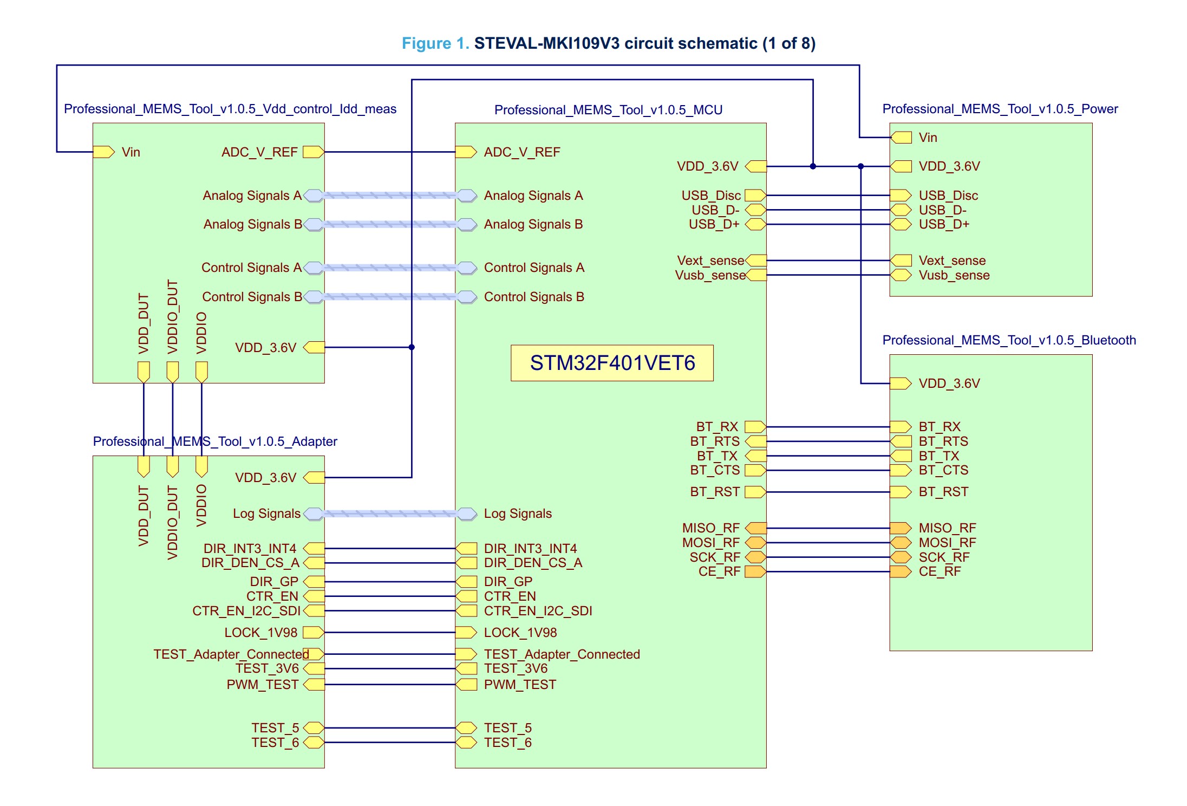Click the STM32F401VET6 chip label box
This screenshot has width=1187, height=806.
(x=612, y=363)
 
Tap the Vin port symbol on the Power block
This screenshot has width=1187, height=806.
(x=901, y=138)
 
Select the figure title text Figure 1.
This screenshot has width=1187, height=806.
(x=435, y=43)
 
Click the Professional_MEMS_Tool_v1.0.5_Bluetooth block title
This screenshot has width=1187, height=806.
(x=1009, y=340)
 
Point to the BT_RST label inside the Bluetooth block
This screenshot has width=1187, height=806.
(x=943, y=492)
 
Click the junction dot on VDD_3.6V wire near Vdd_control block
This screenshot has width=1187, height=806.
(x=412, y=347)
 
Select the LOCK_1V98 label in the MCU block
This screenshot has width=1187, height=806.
(x=520, y=633)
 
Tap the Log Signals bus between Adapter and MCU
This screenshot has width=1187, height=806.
(x=390, y=513)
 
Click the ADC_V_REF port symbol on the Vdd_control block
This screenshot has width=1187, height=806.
(x=313, y=152)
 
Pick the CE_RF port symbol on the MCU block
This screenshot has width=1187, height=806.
(x=755, y=571)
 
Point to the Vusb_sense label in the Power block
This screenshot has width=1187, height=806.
(x=954, y=275)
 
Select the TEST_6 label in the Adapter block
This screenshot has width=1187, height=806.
(x=275, y=743)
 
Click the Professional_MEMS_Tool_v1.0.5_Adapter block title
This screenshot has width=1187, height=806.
(x=215, y=441)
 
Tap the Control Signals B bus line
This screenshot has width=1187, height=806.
(x=390, y=297)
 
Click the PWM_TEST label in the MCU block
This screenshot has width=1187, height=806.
(x=520, y=685)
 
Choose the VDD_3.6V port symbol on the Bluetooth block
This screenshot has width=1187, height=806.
(x=901, y=383)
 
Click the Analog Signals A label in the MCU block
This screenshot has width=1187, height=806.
(x=533, y=196)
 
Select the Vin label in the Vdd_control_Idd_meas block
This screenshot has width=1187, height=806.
(x=131, y=152)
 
